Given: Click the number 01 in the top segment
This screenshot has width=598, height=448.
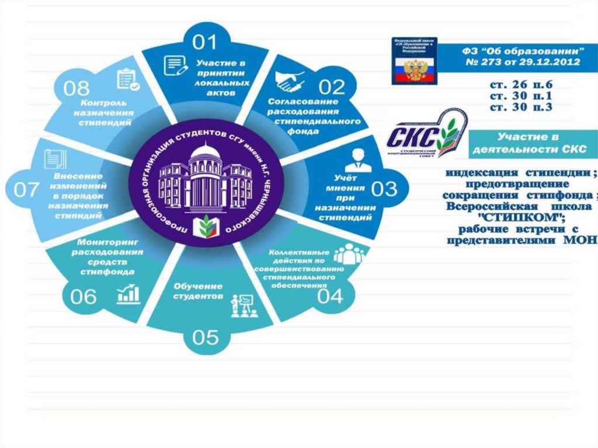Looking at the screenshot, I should tap(205, 41).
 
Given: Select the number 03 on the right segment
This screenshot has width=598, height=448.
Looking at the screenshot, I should tap(384, 188).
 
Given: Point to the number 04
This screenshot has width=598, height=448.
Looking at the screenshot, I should tap(330, 296).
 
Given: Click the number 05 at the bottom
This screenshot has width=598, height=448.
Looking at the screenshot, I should tap(204, 337).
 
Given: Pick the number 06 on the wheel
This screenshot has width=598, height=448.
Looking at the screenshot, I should tap(83, 297).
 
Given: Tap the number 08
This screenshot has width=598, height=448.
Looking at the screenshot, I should tap(77, 89).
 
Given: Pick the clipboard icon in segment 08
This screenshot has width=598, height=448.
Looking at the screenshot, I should tap(128, 79).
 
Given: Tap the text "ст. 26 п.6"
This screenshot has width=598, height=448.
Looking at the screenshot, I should tap(521, 85).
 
